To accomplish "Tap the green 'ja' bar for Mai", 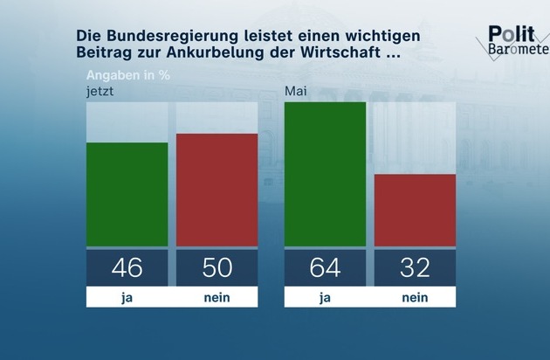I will click(x=325, y=174).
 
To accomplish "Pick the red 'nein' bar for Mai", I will click(x=415, y=210).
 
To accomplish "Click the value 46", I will click(x=127, y=267).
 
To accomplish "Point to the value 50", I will click(x=217, y=267).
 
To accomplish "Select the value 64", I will click(x=325, y=267).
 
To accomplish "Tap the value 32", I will click(x=415, y=267).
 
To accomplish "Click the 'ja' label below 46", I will click(x=127, y=298).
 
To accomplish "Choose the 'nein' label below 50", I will click(x=217, y=298).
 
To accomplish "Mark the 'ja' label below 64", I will click(x=325, y=298).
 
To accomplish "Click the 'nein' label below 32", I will click(x=415, y=298).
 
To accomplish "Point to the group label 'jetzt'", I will click(x=100, y=90).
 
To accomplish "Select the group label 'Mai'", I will click(x=294, y=90).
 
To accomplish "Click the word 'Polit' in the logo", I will click(x=508, y=33).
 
